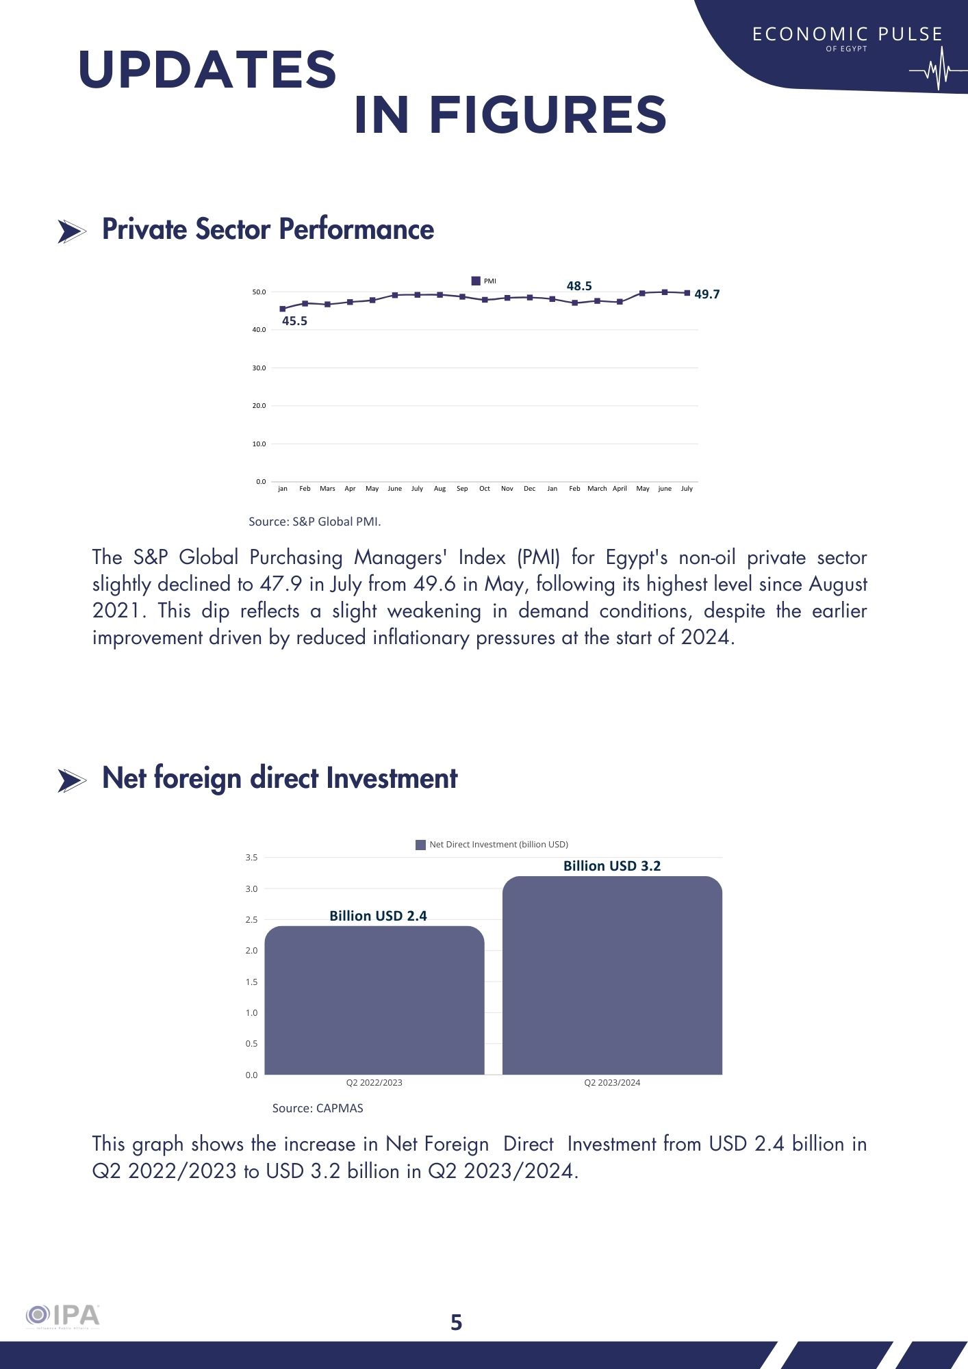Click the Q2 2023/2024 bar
coord(612,975)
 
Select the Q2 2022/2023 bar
coord(374,1000)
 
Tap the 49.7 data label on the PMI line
coord(706,294)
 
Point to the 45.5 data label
coord(294,321)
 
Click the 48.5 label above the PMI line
coord(578,286)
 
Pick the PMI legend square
coord(476,281)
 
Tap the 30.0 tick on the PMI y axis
coord(259,368)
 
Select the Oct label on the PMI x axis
coord(484,489)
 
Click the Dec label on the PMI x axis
coord(529,489)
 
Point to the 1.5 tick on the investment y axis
coord(251,982)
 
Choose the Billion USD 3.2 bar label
coord(612,866)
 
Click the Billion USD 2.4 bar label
coord(378,916)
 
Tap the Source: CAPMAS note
coord(318,1108)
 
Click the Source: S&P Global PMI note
coord(314,522)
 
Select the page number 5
coord(457,1322)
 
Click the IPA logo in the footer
coord(63,1316)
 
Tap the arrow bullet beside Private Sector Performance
coord(71,232)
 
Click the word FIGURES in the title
coord(547,115)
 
